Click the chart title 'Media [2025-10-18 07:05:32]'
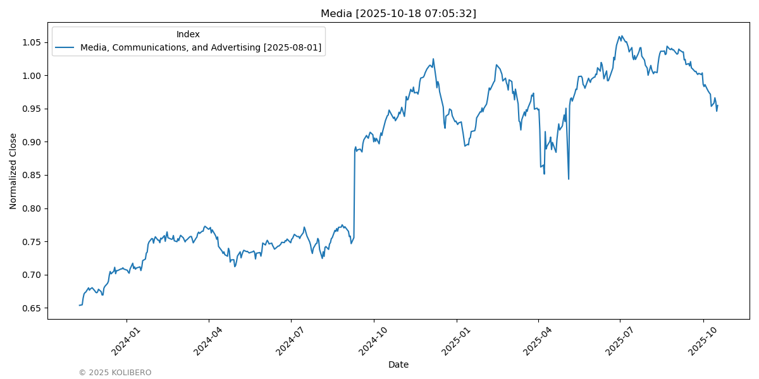click(x=398, y=13)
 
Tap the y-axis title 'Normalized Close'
click(x=13, y=171)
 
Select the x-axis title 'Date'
click(x=398, y=364)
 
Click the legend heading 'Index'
click(x=188, y=34)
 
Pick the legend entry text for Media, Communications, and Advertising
click(x=201, y=47)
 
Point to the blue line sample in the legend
click(x=65, y=47)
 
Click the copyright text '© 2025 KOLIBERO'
click(x=115, y=373)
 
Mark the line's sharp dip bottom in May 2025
click(x=569, y=179)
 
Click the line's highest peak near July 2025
click(x=622, y=36)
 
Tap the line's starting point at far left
click(x=80, y=305)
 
